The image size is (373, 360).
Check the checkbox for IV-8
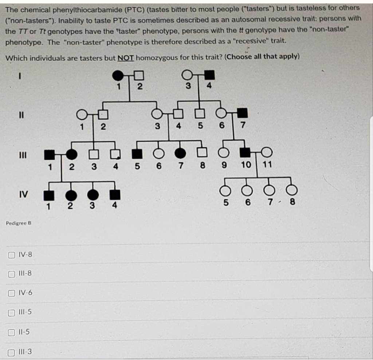[x=11, y=254]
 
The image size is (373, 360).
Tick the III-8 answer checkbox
[x=11, y=273]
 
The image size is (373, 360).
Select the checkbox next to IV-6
[x=11, y=293]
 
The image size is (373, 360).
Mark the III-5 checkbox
[x=11, y=312]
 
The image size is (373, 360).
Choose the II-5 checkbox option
[x=11, y=332]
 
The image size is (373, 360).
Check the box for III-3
[x=11, y=352]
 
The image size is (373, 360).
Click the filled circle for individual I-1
[x=118, y=76]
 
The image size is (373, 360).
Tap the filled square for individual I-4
[x=209, y=76]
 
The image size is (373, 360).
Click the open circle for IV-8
[x=290, y=190]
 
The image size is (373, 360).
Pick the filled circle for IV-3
[x=93, y=195]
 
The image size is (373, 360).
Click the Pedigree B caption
[x=19, y=223]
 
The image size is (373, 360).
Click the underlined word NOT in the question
[x=126, y=58]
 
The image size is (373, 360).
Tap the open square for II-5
[x=199, y=114]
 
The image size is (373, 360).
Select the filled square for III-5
[x=137, y=153]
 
